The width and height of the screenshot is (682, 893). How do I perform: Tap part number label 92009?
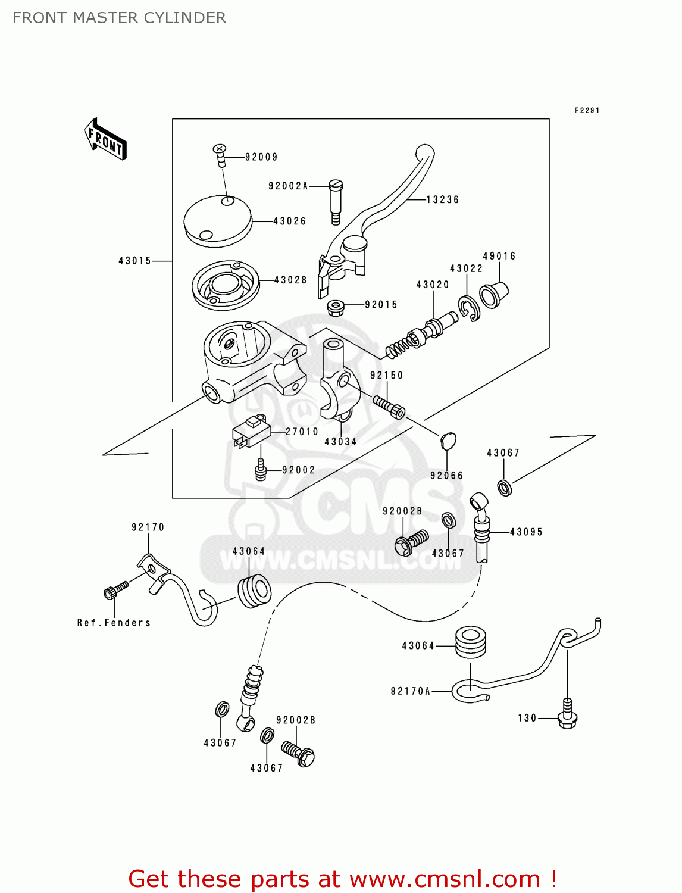(261, 157)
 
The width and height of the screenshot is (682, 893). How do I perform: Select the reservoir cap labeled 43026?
(218, 221)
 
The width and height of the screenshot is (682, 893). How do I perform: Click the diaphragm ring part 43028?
(226, 285)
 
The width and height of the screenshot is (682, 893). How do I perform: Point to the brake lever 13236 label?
(443, 200)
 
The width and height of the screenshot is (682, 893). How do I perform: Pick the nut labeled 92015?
(336, 308)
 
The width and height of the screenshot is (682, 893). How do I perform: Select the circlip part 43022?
(470, 308)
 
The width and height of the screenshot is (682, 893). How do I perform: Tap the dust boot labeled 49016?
(494, 294)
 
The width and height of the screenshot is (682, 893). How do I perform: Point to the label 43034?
(340, 442)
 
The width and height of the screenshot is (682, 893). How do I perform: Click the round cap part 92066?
(448, 441)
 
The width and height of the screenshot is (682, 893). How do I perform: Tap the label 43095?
(526, 532)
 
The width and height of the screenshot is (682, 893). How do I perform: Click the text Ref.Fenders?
(114, 623)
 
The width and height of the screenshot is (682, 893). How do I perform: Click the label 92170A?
(410, 691)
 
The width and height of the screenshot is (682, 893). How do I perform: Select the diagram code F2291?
(587, 111)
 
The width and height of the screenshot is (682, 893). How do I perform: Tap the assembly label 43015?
(134, 261)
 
